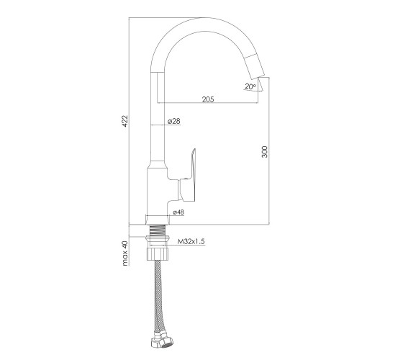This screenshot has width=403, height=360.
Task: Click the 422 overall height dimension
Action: (x=125, y=121)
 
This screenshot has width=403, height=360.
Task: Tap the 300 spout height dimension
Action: (x=265, y=152)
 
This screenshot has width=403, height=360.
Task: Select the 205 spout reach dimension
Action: (x=208, y=99)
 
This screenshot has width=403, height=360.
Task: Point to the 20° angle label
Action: (x=250, y=86)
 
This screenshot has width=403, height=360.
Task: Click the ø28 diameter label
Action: (x=174, y=121)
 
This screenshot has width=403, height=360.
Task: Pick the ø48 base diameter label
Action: (x=178, y=212)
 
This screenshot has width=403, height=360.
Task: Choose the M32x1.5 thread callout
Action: (x=191, y=241)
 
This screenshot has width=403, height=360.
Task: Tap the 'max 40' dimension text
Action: (x=125, y=253)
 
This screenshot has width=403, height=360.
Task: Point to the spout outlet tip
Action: (x=258, y=78)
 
